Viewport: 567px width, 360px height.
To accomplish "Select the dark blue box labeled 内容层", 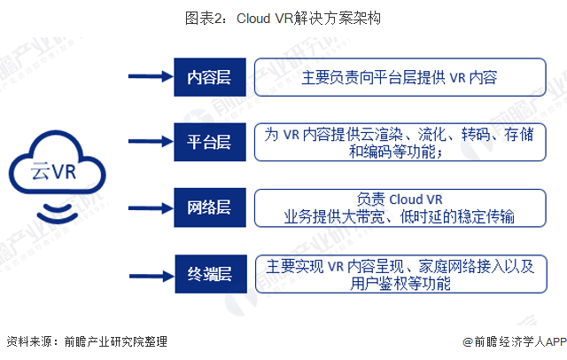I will (x=209, y=77).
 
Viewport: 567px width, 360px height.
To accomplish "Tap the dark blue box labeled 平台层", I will (x=209, y=142).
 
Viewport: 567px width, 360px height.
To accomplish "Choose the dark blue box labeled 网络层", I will (x=209, y=207).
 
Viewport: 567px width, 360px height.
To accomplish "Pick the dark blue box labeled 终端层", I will (x=209, y=273).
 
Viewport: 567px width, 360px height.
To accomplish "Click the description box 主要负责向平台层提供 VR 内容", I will (x=400, y=77).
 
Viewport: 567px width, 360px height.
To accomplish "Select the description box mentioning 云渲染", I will (x=400, y=142).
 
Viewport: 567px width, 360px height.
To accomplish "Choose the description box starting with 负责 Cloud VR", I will (x=400, y=207).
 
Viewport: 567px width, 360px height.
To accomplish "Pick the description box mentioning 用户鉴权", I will (x=400, y=273).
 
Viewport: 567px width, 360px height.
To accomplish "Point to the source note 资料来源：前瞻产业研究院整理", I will (x=86, y=341).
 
